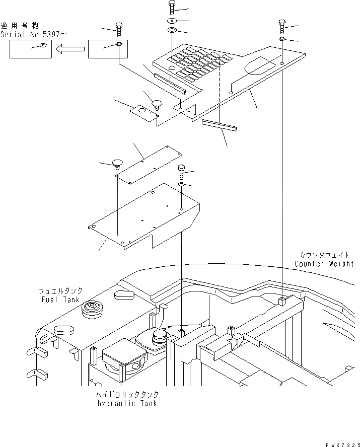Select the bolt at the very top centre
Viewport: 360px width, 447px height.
tap(171, 7)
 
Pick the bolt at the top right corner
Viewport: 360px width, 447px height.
tap(282, 25)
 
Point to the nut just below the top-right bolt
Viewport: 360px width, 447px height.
tap(282, 40)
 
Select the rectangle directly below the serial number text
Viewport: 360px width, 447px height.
tap(31, 49)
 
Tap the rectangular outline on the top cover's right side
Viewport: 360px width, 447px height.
tap(260, 65)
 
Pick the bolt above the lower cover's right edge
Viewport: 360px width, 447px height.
tap(181, 172)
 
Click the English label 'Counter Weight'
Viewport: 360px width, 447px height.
tap(324, 264)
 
